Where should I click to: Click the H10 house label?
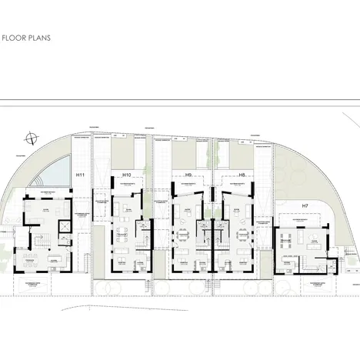pyautogui.click(x=127, y=175)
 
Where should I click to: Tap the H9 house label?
pyautogui.click(x=188, y=175)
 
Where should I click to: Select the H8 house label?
pyautogui.click(x=241, y=175)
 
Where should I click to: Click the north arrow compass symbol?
pyautogui.click(x=30, y=138)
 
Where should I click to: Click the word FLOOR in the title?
pyautogui.click(x=16, y=35)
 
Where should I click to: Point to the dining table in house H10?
pyautogui.click(x=123, y=232)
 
